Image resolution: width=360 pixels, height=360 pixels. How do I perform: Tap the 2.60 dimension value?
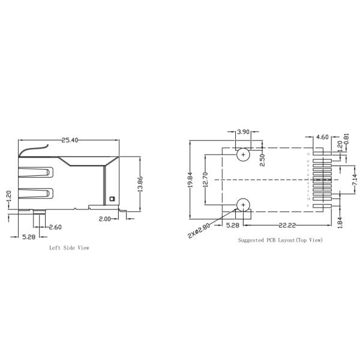pyautogui.click(x=55, y=227)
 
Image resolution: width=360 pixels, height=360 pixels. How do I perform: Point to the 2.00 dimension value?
pyautogui.click(x=104, y=220)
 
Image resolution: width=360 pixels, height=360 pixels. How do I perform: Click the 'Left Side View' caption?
pyautogui.click(x=69, y=247)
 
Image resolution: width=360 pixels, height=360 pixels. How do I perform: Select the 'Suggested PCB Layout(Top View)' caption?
pyautogui.click(x=280, y=240)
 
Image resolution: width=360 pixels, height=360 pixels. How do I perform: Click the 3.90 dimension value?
pyautogui.click(x=244, y=131)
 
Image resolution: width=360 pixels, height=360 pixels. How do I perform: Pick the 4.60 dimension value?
pyautogui.click(x=322, y=137)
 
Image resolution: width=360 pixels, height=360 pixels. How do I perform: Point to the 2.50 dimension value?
pyautogui.click(x=262, y=161)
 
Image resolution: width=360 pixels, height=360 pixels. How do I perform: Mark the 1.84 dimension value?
pyautogui.click(x=340, y=221)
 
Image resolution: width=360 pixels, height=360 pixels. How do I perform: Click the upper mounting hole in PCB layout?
pyautogui.click(x=243, y=155)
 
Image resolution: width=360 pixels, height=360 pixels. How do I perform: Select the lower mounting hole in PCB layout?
pyautogui.click(x=243, y=205)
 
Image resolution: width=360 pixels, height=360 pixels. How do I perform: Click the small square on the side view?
pyautogui.click(x=111, y=199)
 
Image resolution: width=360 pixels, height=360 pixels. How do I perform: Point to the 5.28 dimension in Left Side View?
pyautogui.click(x=28, y=237)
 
